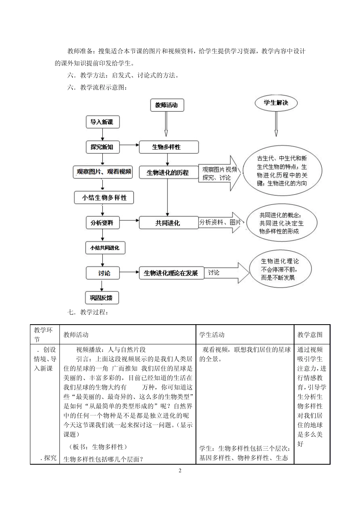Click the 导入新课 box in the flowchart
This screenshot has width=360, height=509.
tap(102, 122)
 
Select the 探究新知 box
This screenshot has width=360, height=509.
tap(102, 147)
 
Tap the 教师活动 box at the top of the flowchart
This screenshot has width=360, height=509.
tap(166, 105)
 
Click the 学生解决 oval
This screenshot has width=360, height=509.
tap(276, 103)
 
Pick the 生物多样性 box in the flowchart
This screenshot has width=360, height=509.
tap(168, 147)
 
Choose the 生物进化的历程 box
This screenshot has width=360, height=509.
tap(168, 172)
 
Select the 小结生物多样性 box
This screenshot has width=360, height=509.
tap(104, 197)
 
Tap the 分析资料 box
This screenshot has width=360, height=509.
tap(102, 223)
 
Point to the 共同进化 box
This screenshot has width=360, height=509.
tap(168, 223)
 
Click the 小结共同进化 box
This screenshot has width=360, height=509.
tap(105, 248)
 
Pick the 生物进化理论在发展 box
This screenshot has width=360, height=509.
tap(171, 273)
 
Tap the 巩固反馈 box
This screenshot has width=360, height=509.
tap(102, 298)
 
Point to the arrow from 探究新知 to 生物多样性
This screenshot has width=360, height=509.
tap(129, 145)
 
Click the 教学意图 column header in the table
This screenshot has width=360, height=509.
tap(310, 335)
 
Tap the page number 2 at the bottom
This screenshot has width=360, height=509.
tap(180, 471)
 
